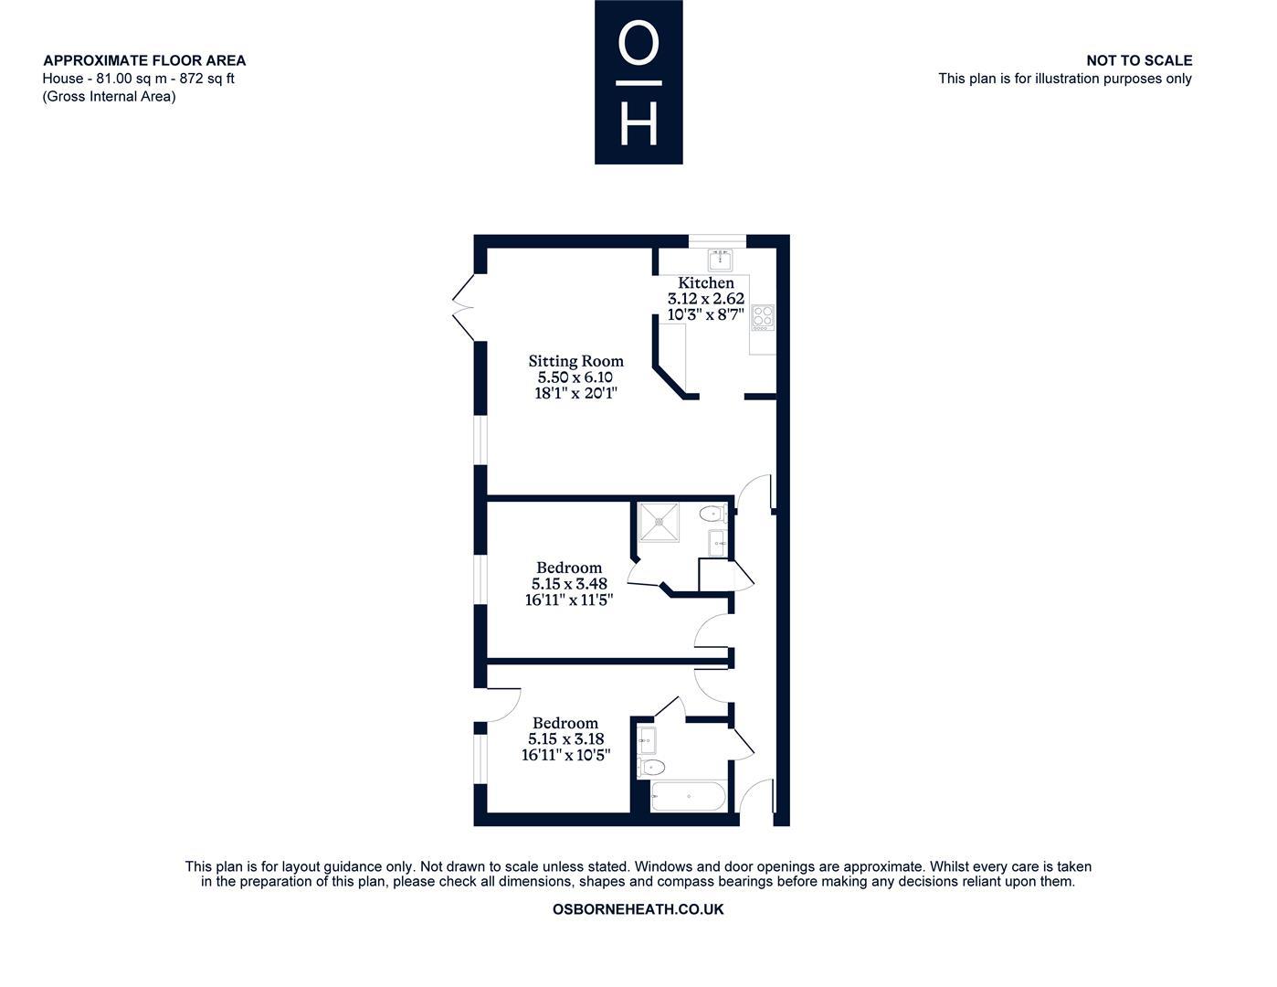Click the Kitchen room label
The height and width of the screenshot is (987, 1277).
tap(706, 282)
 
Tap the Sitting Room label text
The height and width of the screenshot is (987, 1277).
tap(575, 361)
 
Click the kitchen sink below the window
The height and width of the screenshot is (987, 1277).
tap(720, 260)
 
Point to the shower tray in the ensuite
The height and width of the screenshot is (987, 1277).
tap(659, 521)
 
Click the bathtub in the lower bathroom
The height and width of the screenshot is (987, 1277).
tap(689, 796)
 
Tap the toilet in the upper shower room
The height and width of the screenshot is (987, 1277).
tap(713, 514)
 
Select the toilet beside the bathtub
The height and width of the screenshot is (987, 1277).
tap(651, 767)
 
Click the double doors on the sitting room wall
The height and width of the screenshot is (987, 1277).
tap(463, 307)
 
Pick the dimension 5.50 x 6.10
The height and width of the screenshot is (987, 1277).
tap(575, 377)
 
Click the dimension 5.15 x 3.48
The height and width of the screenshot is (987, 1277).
tap(569, 584)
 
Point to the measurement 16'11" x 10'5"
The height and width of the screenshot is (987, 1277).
tap(566, 755)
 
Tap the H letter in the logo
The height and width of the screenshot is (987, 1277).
tap(638, 122)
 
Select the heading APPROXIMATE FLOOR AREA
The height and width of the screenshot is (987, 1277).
tap(144, 60)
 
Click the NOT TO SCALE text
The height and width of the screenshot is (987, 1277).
tap(1139, 60)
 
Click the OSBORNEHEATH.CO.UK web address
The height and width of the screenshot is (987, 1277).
tap(638, 909)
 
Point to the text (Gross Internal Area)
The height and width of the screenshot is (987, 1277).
tap(109, 96)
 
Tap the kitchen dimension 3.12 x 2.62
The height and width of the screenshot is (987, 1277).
tap(706, 299)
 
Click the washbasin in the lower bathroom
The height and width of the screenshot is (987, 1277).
tap(647, 740)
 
